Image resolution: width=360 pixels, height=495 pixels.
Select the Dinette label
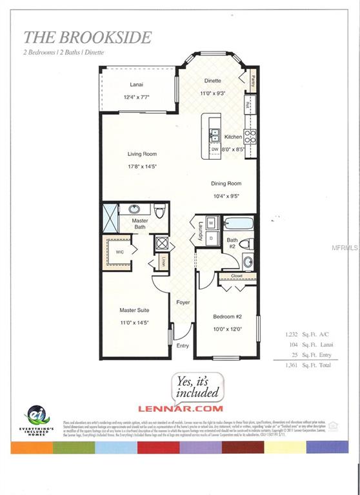click(x=213, y=81)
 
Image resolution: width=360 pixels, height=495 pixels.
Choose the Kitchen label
click(x=233, y=137)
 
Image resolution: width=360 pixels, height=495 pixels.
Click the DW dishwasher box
click(x=214, y=150)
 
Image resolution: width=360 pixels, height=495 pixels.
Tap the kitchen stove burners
click(x=250, y=136)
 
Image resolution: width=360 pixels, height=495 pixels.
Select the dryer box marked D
click(x=211, y=238)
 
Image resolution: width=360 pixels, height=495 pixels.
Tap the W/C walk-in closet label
click(x=119, y=251)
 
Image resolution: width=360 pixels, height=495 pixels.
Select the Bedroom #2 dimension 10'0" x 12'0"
click(x=226, y=329)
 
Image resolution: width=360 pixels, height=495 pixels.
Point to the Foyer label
click(x=183, y=302)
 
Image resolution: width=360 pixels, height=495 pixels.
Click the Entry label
click(x=183, y=345)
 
